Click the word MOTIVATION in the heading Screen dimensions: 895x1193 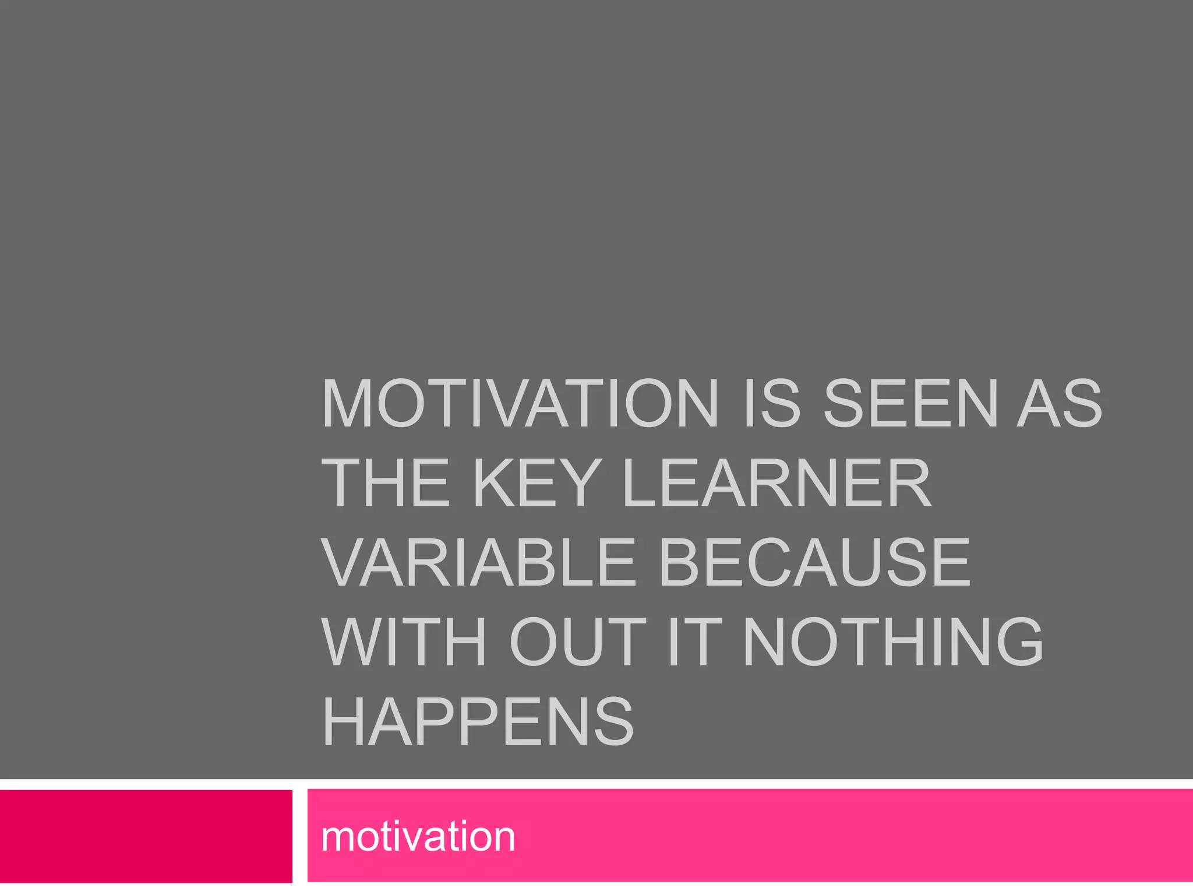[x=520, y=403]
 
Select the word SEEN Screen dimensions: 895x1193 [x=910, y=403]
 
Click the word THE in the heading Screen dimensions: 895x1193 [x=386, y=483]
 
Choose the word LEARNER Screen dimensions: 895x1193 [x=776, y=483]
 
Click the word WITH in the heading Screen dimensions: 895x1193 [x=403, y=642]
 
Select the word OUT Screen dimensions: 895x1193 [x=578, y=642]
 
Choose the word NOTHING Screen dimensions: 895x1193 [x=893, y=642]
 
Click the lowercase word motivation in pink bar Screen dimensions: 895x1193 [x=418, y=836]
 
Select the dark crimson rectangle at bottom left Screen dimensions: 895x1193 [x=146, y=836]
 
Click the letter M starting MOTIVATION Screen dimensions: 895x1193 [x=347, y=403]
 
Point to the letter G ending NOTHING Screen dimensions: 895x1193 [x=1016, y=642]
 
